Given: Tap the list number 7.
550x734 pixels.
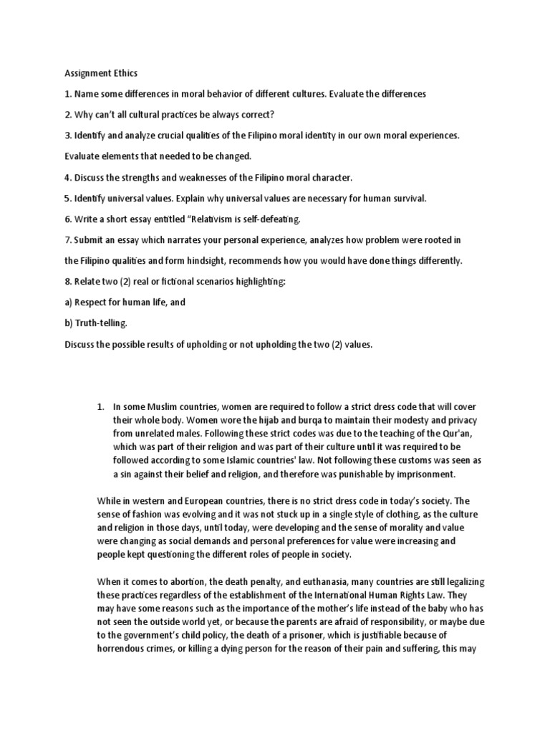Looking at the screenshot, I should click(68, 239).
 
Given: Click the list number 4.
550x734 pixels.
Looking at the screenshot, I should click(68, 177).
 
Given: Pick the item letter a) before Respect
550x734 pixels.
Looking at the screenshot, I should click(69, 302).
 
